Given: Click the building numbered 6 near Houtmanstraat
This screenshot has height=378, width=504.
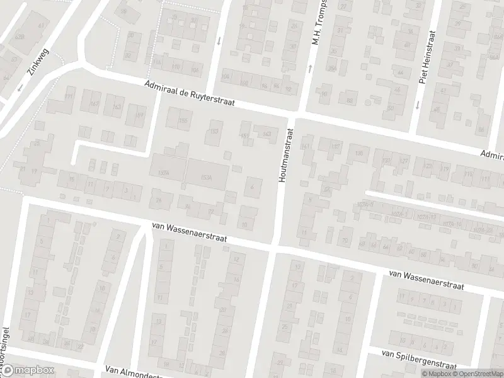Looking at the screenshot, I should point(253,186).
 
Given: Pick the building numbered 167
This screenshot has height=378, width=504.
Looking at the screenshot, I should point(94,104).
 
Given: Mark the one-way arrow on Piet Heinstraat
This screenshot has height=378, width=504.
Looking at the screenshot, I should point(417,105).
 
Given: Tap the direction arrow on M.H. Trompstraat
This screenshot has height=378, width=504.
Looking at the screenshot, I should point(310,68).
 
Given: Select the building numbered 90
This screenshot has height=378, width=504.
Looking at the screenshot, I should point(324,95).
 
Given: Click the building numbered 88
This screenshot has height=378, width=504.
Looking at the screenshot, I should point(348,100).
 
